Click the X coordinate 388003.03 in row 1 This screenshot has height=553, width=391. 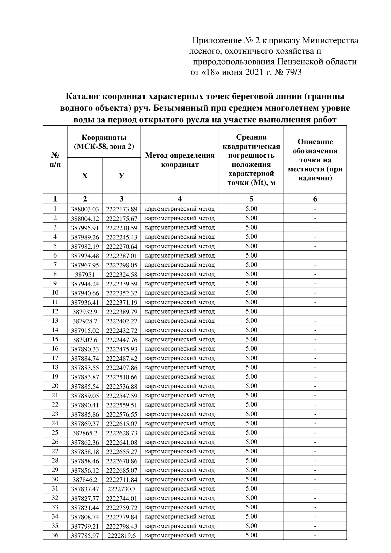[x=85, y=209]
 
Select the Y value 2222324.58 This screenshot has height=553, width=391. [x=122, y=275]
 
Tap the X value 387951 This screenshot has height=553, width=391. [x=85, y=275]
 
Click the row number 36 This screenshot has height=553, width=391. [x=55, y=535]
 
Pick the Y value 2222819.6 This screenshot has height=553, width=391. [x=122, y=535]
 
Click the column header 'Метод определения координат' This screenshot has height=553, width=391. [x=180, y=160]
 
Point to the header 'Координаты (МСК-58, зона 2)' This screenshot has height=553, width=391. [x=104, y=142]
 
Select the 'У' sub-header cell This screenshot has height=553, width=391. [x=121, y=176]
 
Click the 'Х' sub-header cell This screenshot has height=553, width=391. [x=85, y=176]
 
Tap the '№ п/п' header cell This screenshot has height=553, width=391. [x=55, y=160]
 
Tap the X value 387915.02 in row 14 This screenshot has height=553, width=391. [x=85, y=331]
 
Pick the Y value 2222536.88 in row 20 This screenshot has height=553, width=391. [x=122, y=387]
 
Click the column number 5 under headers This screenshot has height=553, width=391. [x=251, y=199]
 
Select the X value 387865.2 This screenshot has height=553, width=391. [x=85, y=433]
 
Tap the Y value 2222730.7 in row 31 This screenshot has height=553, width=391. [x=122, y=489]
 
